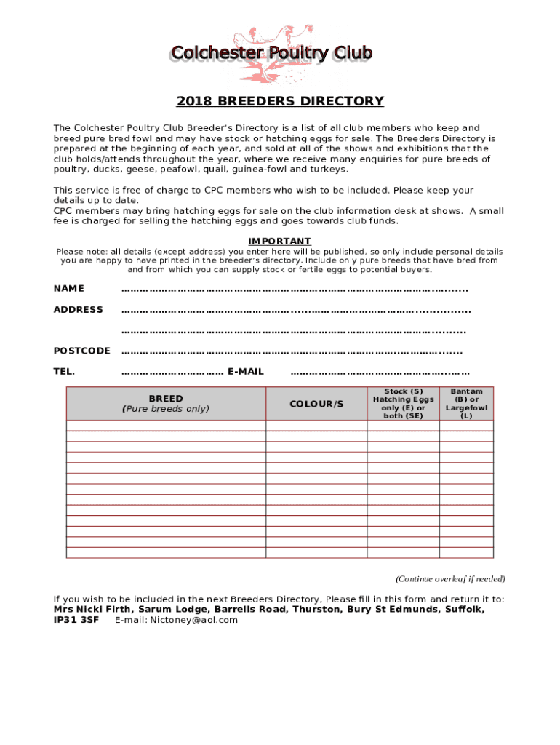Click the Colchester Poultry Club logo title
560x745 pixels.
[271, 54]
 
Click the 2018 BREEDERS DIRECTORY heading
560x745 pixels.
[280, 101]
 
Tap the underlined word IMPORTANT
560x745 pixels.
[279, 241]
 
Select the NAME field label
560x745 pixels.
[69, 289]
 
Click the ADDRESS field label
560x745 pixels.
[79, 310]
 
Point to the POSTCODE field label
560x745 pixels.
[82, 351]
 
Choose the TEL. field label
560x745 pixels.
[64, 372]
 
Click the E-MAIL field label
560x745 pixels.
[246, 372]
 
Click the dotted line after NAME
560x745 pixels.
[294, 290]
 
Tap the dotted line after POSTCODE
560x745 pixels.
[291, 351]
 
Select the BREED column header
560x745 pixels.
[166, 404]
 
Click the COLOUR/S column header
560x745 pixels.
[316, 404]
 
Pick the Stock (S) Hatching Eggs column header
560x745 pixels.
[403, 404]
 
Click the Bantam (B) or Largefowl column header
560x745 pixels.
[466, 404]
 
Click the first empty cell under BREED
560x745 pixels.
[166, 426]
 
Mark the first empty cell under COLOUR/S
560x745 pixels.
[316, 426]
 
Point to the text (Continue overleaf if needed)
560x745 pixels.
[450, 579]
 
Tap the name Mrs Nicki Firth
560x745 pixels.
[92, 610]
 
